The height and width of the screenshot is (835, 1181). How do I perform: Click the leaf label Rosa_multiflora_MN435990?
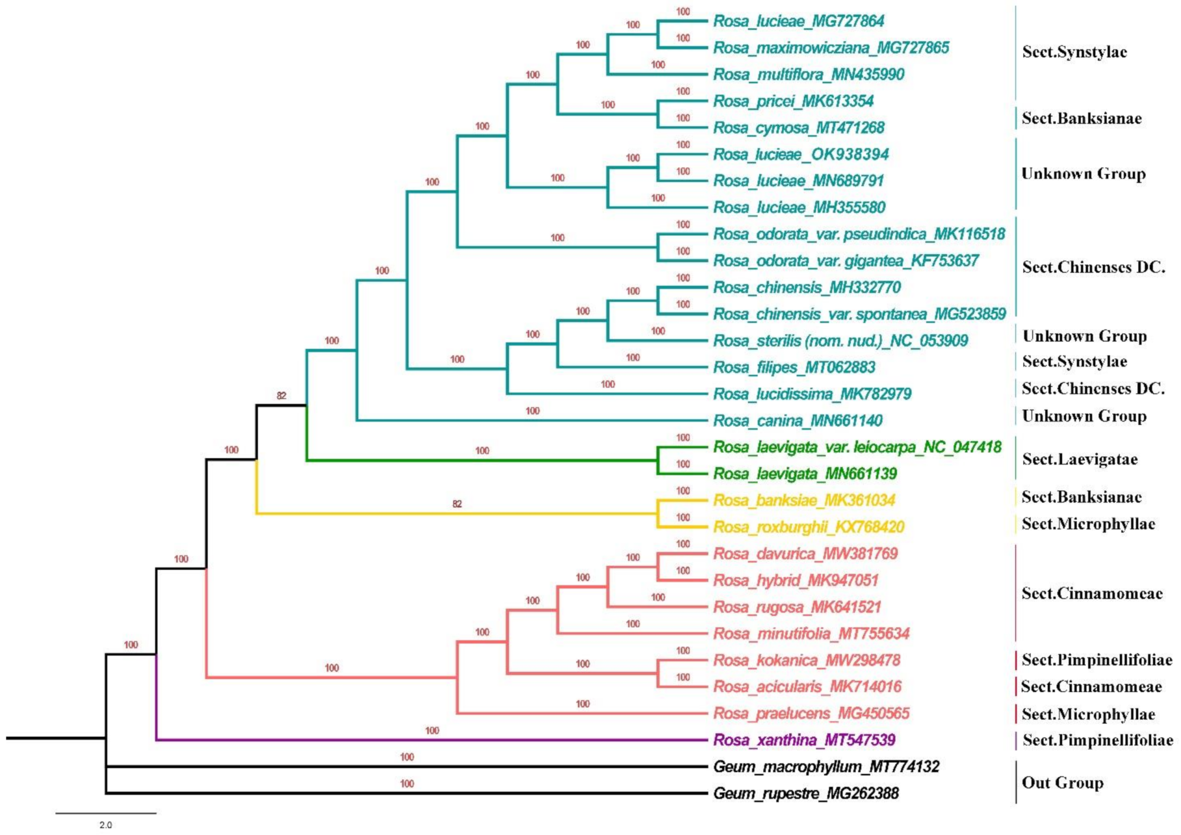[808, 75]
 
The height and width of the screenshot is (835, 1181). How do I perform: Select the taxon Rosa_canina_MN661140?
[797, 421]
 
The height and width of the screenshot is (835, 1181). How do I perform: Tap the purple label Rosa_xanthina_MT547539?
[805, 740]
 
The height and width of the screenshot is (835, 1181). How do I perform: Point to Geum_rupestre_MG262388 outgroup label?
[806, 793]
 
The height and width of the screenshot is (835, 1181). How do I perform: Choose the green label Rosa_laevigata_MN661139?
[805, 474]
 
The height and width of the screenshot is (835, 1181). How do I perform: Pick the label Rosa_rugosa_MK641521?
[797, 607]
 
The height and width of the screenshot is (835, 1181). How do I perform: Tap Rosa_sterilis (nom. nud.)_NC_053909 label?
[840, 340]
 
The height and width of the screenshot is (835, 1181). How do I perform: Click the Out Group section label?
[1062, 783]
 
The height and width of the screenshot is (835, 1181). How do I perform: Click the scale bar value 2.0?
[105, 825]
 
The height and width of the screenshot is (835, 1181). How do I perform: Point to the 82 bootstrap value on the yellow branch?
[457, 504]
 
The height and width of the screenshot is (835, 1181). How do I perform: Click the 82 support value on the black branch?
[281, 395]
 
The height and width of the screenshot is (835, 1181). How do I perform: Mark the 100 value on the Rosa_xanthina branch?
[432, 731]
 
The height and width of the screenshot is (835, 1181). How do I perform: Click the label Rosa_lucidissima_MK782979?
[812, 394]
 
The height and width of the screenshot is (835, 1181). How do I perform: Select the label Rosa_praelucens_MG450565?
[811, 713]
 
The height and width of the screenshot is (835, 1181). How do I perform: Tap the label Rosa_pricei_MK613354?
[793, 101]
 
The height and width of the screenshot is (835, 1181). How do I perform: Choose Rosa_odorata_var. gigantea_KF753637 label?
[845, 261]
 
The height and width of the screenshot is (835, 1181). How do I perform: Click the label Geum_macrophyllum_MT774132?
[826, 767]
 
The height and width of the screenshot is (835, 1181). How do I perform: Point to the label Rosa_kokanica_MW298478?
[806, 660]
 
